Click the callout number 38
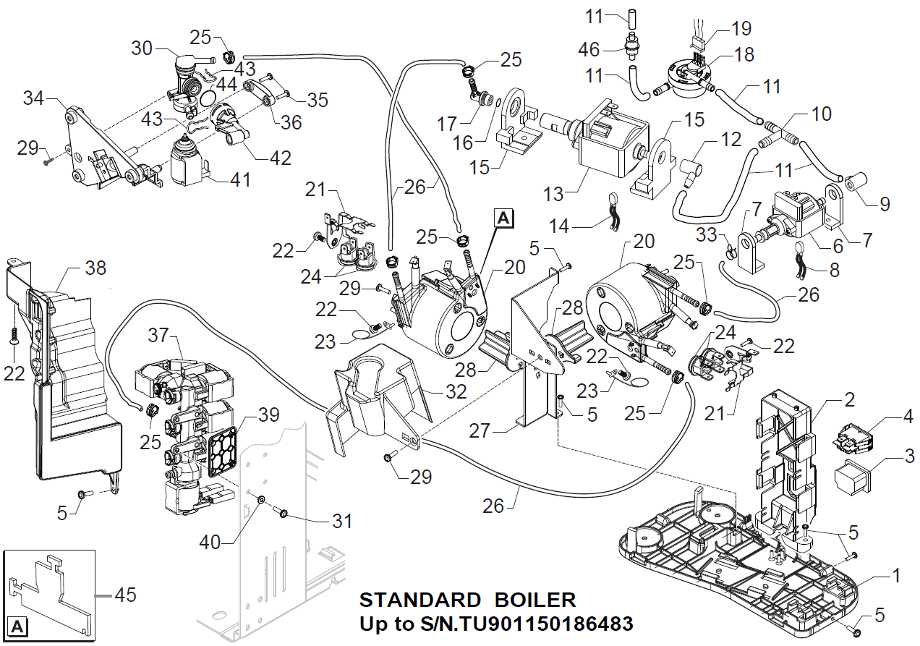click(x=95, y=268)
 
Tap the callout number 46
click(x=589, y=49)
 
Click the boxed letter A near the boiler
click(x=504, y=216)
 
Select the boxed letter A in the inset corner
click(x=17, y=626)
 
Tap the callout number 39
click(x=268, y=415)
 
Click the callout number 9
click(x=885, y=204)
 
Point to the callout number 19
click(x=741, y=29)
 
